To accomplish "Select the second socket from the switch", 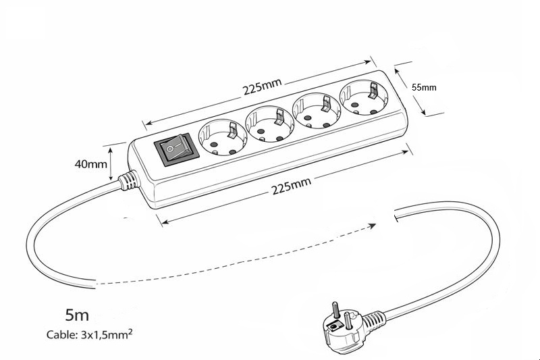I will (270, 122).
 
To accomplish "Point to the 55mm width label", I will (424, 87).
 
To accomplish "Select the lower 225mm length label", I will (292, 186).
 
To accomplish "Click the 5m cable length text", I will (77, 315).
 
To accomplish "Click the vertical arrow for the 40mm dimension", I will (110, 163).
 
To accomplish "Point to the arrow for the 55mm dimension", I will (419, 91).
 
